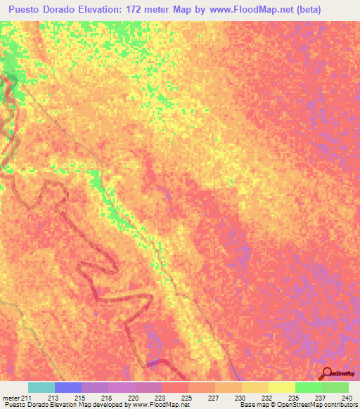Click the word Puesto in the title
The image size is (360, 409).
[x=23, y=8]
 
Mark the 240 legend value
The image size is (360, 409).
[x=345, y=398]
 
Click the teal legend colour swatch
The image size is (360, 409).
[x=41, y=387]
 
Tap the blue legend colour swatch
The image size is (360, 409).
[x=68, y=387]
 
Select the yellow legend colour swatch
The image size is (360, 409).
[x=282, y=387]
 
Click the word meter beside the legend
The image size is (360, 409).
[x=11, y=398]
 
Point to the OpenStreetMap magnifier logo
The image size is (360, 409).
[x=328, y=373]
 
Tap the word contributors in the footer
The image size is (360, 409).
[x=340, y=405]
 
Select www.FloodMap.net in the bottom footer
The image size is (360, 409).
[x=156, y=405]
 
